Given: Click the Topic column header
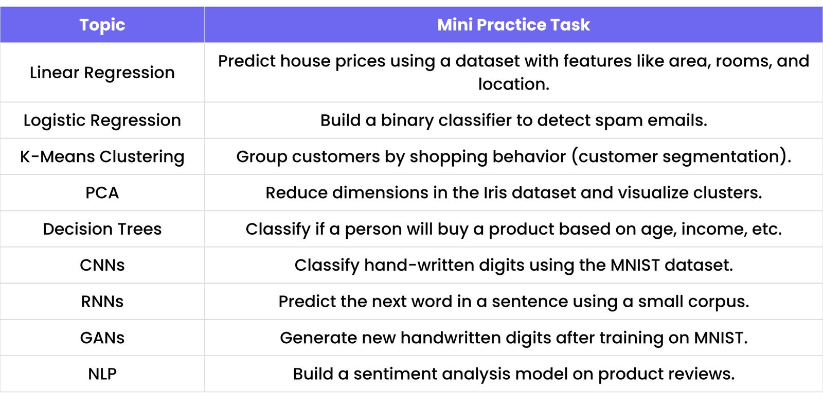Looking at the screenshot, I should (102, 25).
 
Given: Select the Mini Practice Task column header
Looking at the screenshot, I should (513, 25).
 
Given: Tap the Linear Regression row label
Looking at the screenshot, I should (102, 73).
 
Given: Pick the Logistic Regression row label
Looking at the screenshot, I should (102, 120).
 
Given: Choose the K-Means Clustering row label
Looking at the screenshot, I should (102, 156).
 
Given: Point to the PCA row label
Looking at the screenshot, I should (102, 193).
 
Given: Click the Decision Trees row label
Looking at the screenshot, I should (102, 229).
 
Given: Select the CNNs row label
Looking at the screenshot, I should (102, 265).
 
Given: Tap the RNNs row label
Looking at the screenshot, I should (102, 302).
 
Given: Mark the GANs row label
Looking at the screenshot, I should (102, 338).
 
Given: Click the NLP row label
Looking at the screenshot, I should (102, 374).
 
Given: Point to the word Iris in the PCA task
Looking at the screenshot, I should (495, 193).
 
